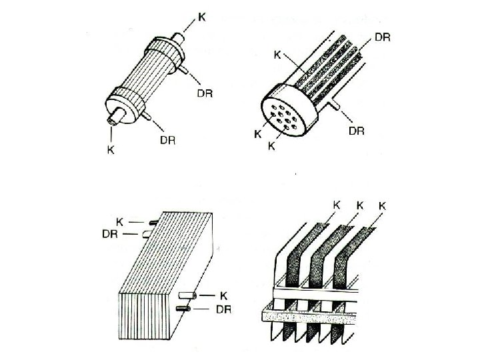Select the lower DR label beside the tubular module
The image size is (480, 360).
(x=168, y=139)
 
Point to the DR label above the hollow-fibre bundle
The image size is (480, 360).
(x=383, y=38)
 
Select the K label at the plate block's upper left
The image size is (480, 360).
(x=120, y=221)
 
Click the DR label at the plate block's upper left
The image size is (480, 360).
(x=111, y=234)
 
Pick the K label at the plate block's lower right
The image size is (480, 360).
(x=225, y=295)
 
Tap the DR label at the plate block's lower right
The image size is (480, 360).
(x=225, y=309)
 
